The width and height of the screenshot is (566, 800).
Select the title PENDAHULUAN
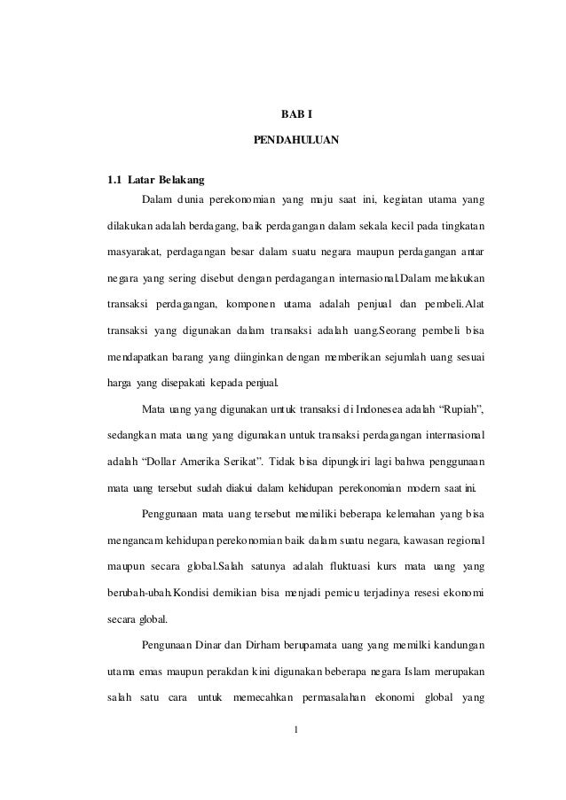click(296, 140)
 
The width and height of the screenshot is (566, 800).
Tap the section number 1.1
click(114, 182)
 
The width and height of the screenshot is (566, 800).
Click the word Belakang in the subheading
click(181, 182)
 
